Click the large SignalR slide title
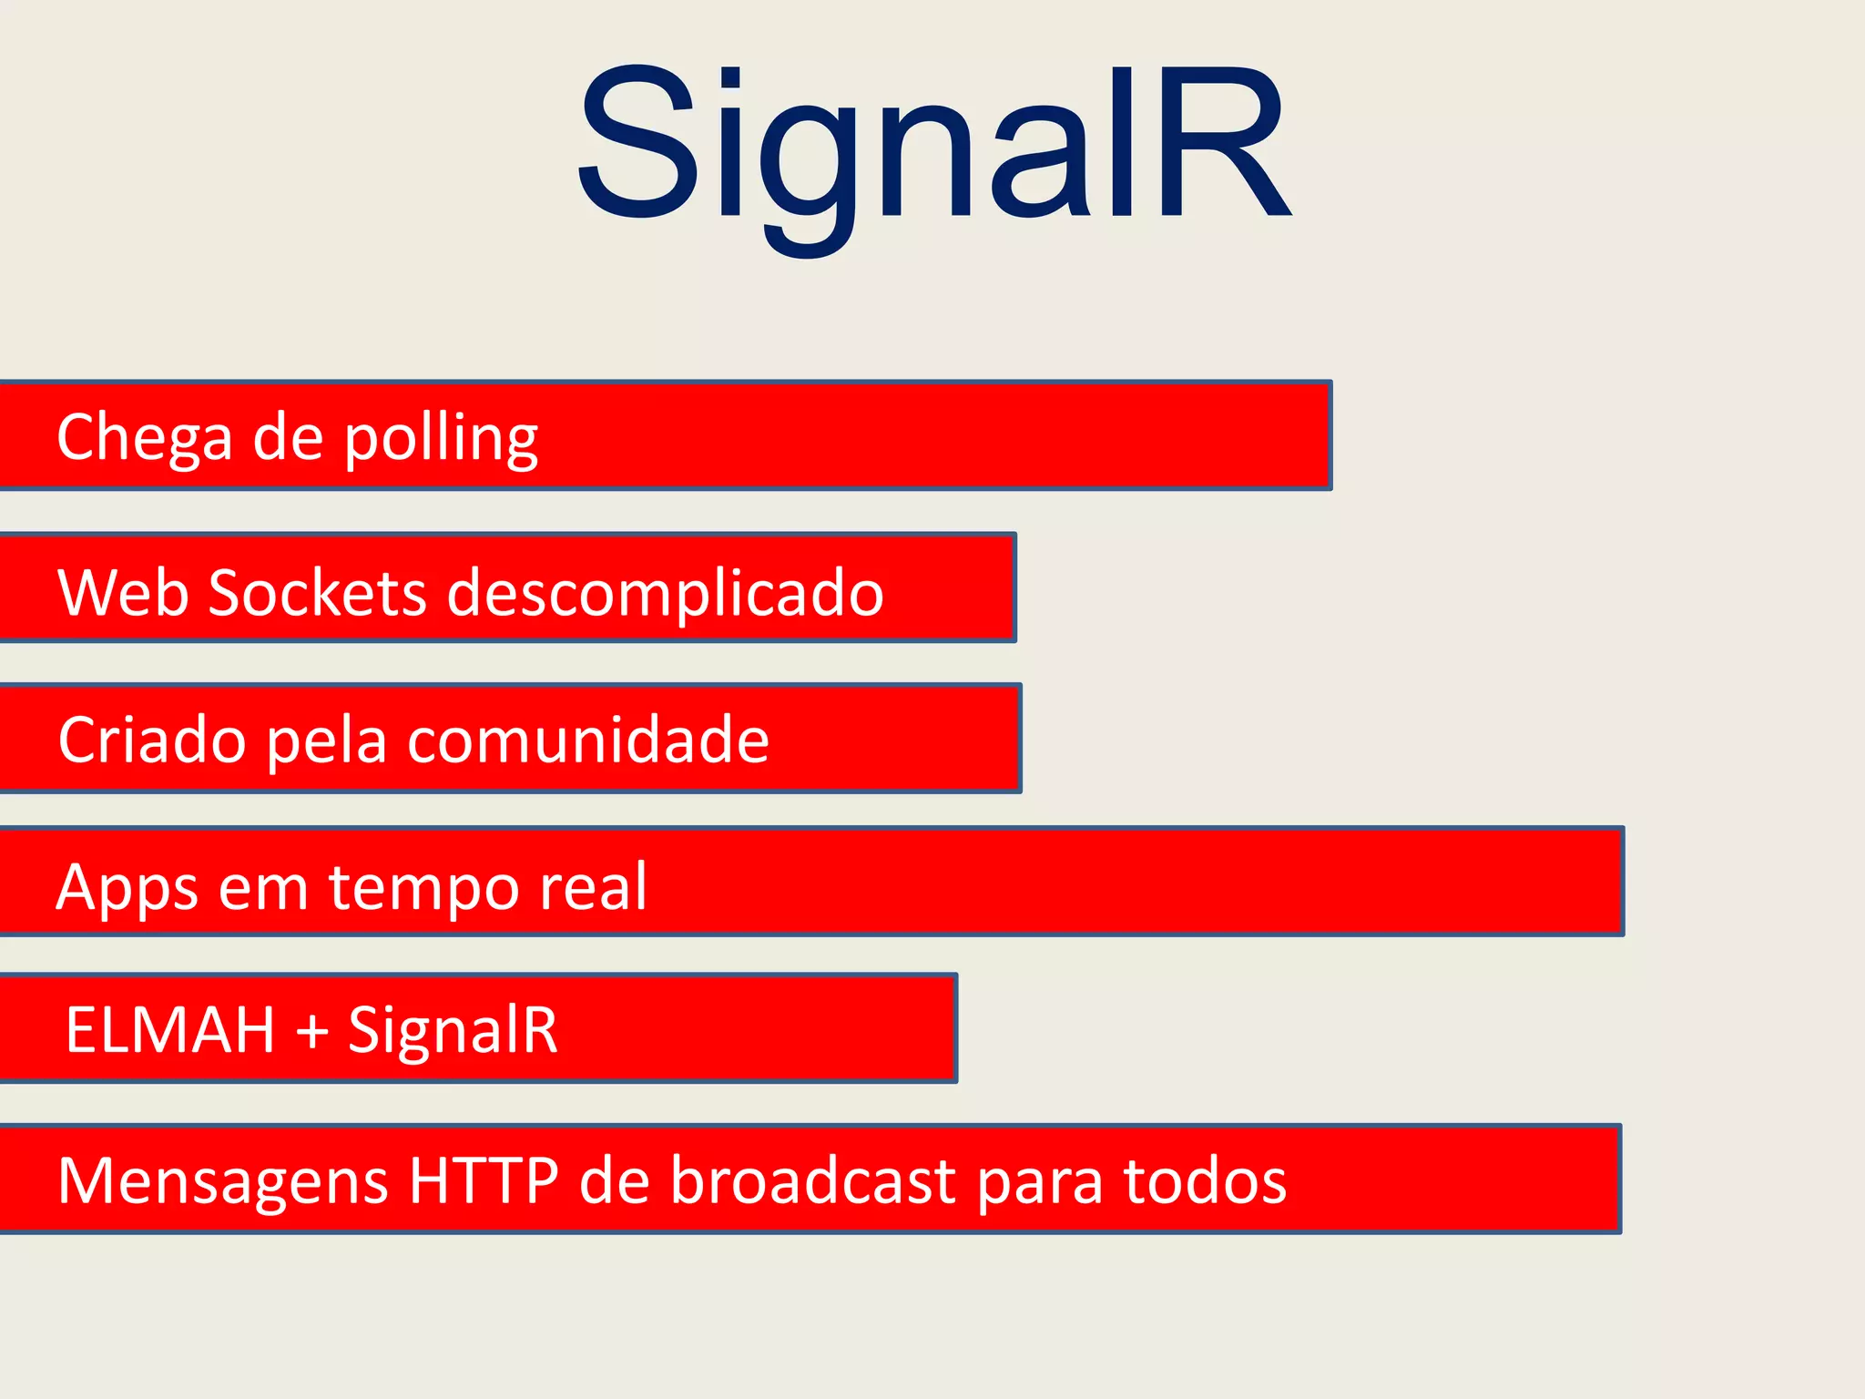tap(932, 146)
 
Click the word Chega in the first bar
tap(144, 438)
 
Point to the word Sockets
tap(317, 593)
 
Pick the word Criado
tap(151, 740)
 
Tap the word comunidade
tap(587, 740)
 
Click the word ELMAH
tap(170, 1030)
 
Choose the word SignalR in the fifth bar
tap(453, 1030)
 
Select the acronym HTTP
tap(484, 1180)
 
